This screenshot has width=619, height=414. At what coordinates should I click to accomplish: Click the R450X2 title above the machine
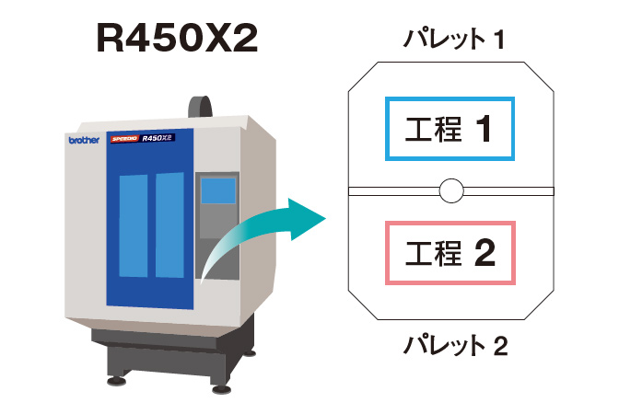[x=177, y=38]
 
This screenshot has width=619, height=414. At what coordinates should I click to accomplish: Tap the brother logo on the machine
[x=84, y=140]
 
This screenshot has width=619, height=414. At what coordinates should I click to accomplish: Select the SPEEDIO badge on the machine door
[x=124, y=139]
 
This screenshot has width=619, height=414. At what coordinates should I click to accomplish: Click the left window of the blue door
[x=134, y=226]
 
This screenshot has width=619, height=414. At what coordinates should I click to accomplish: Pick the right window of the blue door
[x=169, y=224]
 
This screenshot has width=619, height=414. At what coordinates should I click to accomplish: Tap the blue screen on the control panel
[x=218, y=190]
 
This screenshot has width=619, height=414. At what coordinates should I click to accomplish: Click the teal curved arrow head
[x=307, y=219]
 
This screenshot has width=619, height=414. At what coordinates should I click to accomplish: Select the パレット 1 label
[x=453, y=39]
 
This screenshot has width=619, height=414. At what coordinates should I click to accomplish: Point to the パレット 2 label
[x=455, y=345]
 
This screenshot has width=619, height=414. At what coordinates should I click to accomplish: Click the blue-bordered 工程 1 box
[x=450, y=129]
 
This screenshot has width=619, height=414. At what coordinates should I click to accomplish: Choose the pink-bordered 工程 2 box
[x=450, y=253]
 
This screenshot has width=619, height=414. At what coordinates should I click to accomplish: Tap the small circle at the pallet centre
[x=451, y=190]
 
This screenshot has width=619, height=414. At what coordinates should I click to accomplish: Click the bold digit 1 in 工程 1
[x=484, y=129]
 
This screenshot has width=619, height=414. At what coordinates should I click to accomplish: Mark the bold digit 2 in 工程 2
[x=485, y=253]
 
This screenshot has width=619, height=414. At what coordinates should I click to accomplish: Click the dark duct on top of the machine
[x=200, y=107]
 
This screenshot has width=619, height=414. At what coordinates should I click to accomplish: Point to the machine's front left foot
[x=116, y=381]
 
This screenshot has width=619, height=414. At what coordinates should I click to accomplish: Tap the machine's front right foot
[x=221, y=389]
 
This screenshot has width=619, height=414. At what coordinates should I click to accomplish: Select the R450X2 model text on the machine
[x=158, y=138]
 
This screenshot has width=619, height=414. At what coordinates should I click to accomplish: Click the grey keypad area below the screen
[x=219, y=222]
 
